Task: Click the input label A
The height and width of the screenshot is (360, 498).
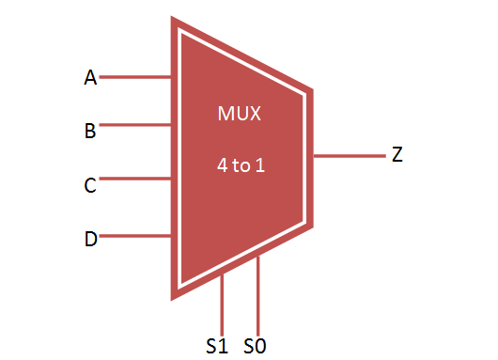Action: pos(91,78)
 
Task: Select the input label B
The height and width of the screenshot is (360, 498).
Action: pos(91,131)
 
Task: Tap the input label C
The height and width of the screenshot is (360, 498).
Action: pos(91,185)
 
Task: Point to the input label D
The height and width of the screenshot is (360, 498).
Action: pos(91,239)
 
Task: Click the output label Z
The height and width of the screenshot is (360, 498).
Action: pos(397,155)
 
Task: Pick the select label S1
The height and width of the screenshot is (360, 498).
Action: pos(217,346)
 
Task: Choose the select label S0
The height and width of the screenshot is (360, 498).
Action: pos(256,346)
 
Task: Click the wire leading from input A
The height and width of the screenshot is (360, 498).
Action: pos(134,77)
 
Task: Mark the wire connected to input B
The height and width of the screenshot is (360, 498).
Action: pos(134,124)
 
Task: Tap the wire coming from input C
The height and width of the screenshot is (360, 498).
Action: pos(134,179)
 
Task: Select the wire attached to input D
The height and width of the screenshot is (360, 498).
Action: pos(134,236)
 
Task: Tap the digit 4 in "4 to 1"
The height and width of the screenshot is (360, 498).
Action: pos(222,165)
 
